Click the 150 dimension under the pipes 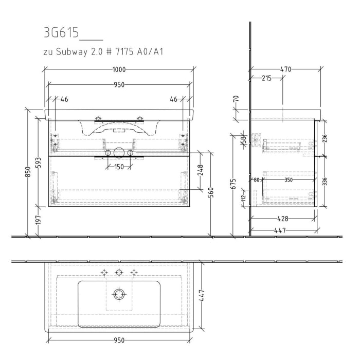[x=119, y=167]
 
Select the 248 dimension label [x=201, y=170]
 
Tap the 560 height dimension [x=211, y=193]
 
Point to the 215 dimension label [x=266, y=78]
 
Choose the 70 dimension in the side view [x=237, y=99]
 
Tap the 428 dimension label [x=283, y=218]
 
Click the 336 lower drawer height [x=324, y=181]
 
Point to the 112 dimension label [x=244, y=196]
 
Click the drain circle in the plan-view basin [x=119, y=294]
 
